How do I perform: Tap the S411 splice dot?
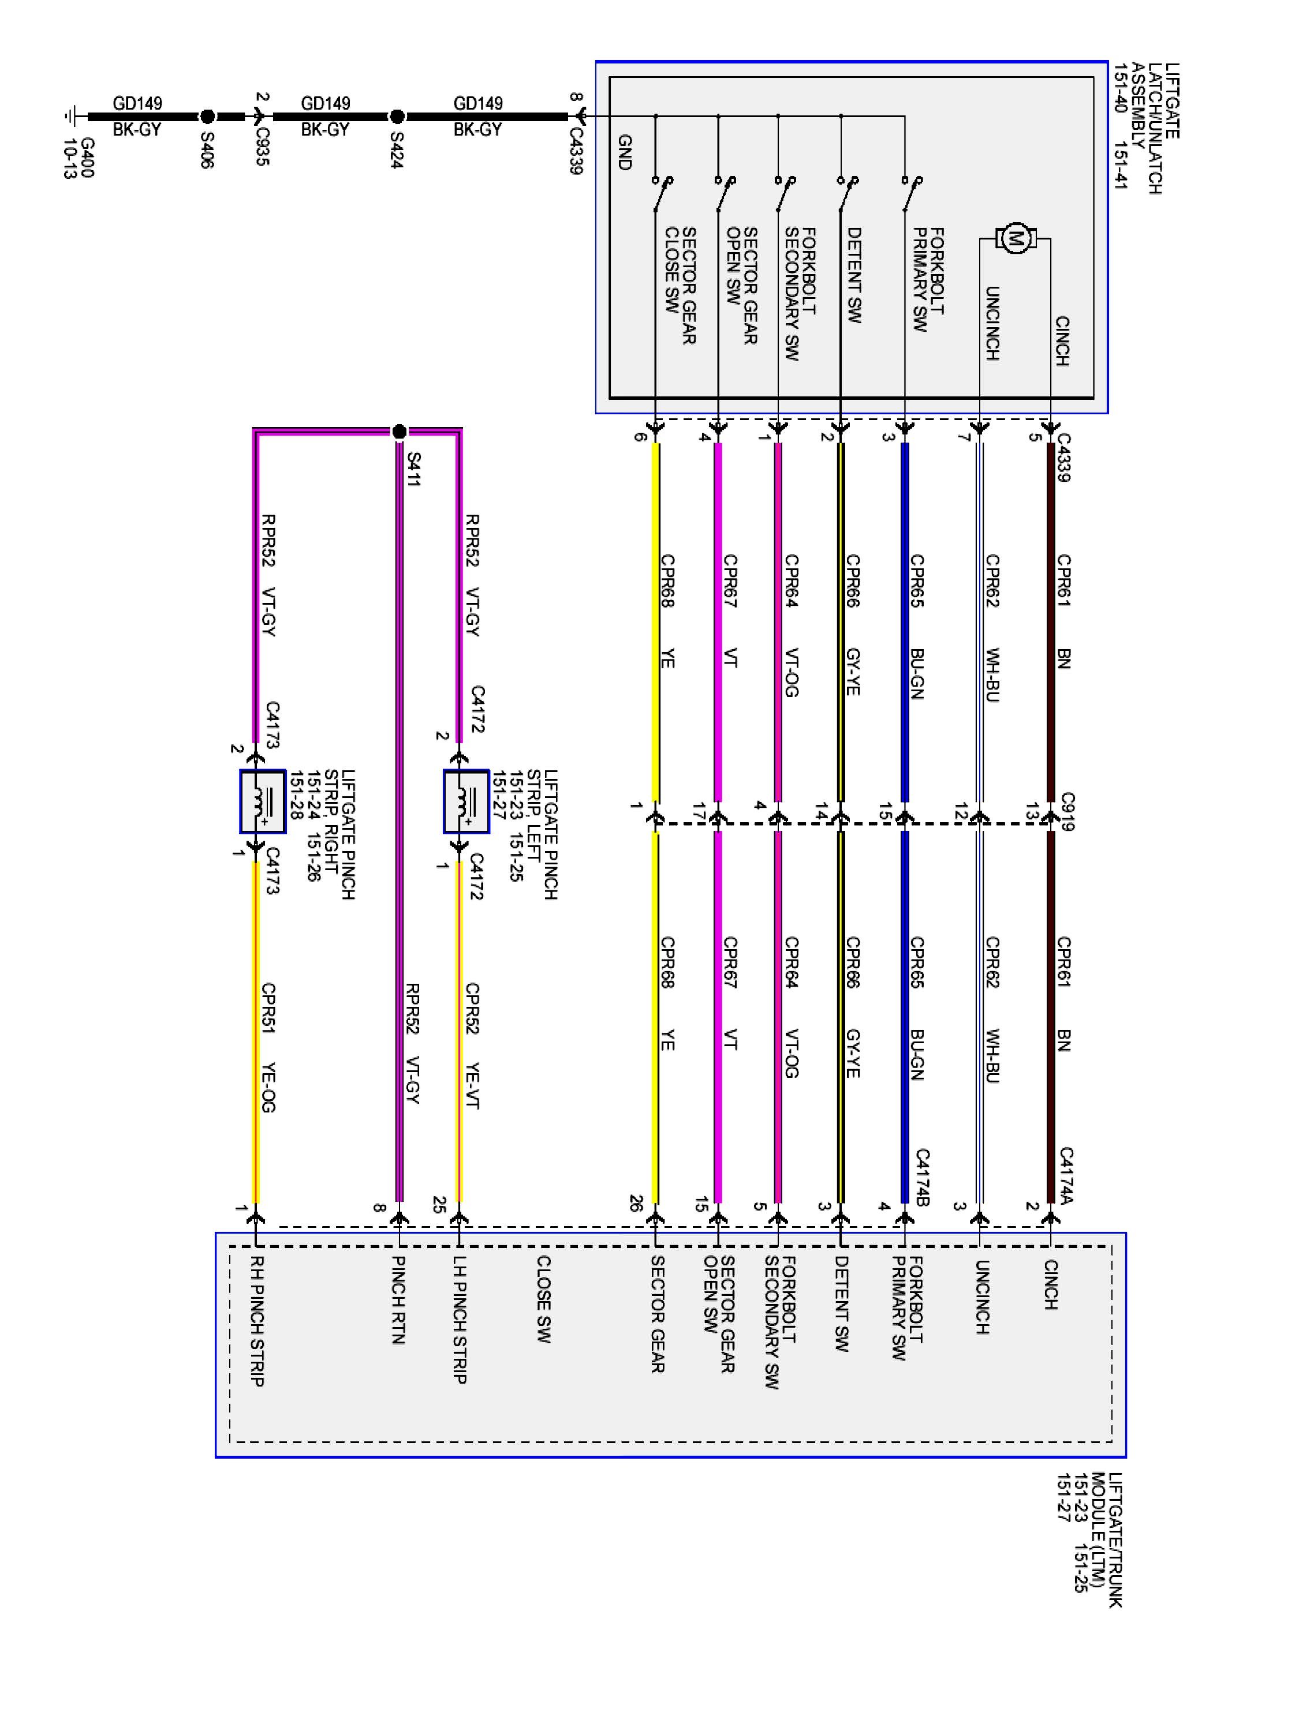pyautogui.click(x=400, y=430)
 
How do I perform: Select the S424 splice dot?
pyautogui.click(x=397, y=117)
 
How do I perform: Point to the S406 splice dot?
pyautogui.click(x=207, y=117)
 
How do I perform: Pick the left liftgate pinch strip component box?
pyautogui.click(x=466, y=801)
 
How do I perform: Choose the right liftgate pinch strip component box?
pyautogui.click(x=262, y=801)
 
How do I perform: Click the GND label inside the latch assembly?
pyautogui.click(x=624, y=152)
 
